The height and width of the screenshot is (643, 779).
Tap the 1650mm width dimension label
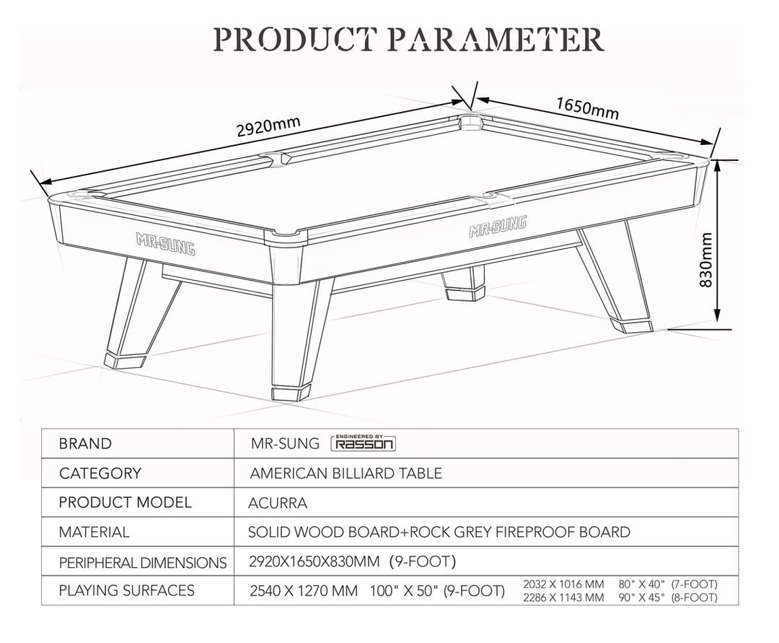pos(588,108)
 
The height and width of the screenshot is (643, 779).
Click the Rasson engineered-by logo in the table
pos(363,442)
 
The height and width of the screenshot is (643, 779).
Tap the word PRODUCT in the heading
pos(294,39)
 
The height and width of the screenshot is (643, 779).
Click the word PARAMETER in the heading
pos(495,39)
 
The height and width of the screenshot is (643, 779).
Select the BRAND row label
pos(85,443)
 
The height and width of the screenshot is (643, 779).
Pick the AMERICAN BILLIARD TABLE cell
pos(346,473)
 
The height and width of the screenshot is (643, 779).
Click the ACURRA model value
pos(278,503)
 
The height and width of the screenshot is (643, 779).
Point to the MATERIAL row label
pos(94,532)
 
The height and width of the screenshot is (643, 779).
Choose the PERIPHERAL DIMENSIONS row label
pos(143,562)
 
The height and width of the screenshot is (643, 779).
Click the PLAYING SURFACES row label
pos(127,590)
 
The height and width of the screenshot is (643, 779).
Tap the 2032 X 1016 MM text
pos(563,584)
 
